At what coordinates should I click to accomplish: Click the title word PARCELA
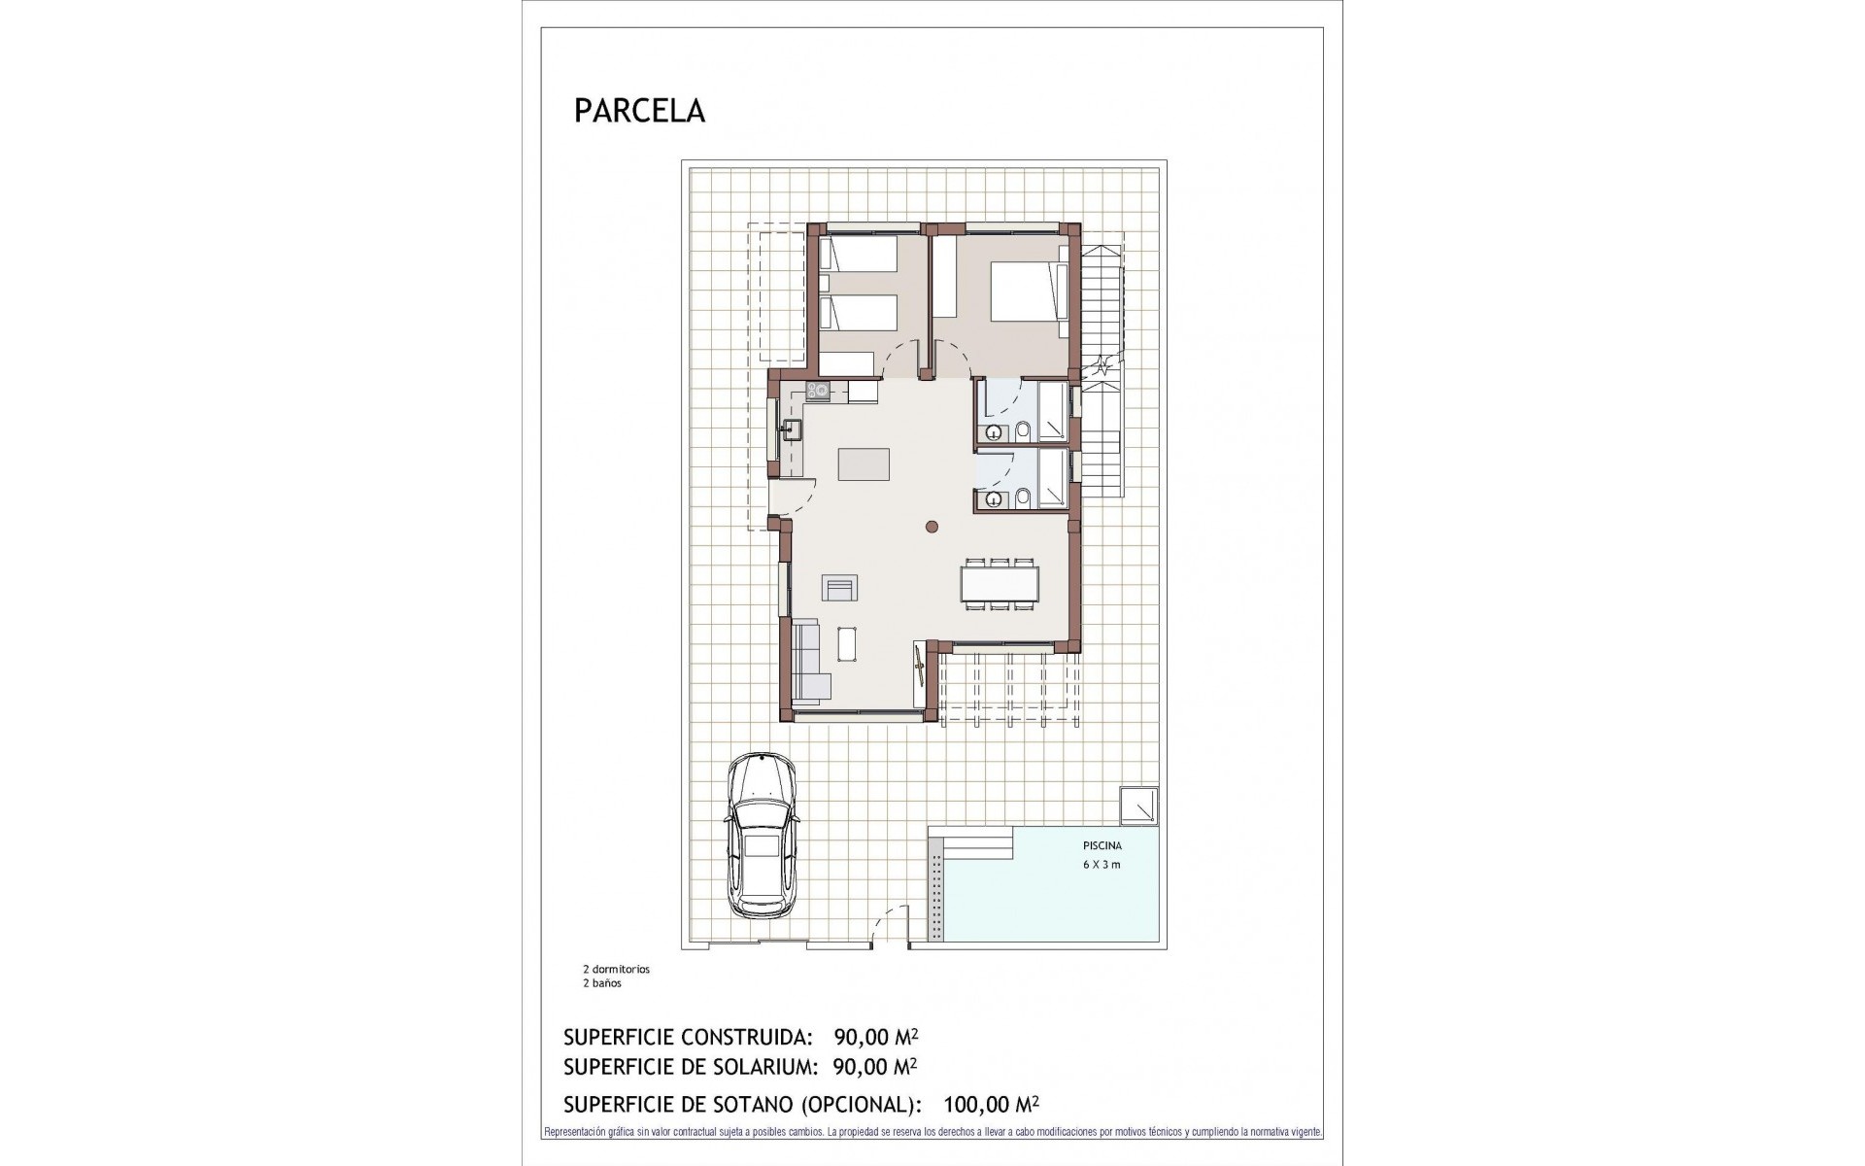[639, 111]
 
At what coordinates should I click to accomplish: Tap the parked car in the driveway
[763, 833]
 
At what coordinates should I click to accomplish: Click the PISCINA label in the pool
[1102, 846]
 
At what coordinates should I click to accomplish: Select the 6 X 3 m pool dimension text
[1102, 865]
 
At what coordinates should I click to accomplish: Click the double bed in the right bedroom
[1022, 291]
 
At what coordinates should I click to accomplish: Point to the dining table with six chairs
[999, 584]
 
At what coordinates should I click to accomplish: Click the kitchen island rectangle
[865, 463]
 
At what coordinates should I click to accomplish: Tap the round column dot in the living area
[932, 528]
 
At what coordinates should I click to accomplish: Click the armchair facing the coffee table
[840, 588]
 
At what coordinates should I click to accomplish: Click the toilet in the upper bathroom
[1023, 430]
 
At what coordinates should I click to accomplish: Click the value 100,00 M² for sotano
[991, 1104]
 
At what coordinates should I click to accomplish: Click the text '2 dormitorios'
[616, 969]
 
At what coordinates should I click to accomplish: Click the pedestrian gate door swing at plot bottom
[891, 927]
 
